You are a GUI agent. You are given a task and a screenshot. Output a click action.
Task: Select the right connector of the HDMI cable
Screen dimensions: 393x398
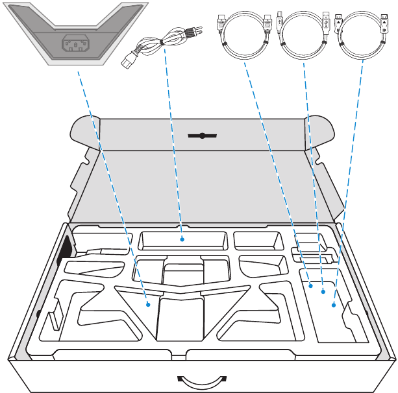coord(267,23)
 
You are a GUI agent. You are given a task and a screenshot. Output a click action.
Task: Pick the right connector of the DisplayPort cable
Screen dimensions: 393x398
coord(383,24)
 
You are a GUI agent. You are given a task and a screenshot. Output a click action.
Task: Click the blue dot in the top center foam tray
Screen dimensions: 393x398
coord(182,238)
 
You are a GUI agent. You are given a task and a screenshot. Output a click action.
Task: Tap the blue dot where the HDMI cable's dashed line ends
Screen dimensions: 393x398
coord(311,284)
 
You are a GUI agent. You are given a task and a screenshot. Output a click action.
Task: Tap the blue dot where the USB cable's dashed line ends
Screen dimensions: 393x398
coord(323,292)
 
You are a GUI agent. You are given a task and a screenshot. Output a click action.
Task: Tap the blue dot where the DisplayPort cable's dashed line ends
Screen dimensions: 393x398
coord(334,304)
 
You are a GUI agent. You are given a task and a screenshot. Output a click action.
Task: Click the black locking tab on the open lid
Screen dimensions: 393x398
coord(202,136)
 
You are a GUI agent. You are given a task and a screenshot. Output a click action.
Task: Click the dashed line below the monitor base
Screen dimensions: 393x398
coord(110,182)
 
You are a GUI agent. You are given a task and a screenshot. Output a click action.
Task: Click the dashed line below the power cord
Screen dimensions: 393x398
coord(174,143)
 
